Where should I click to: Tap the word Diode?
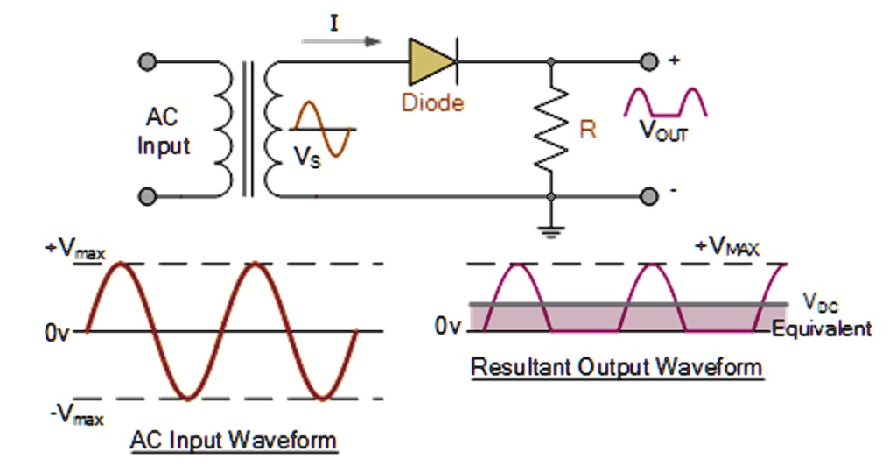[432, 102]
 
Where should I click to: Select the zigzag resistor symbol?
[551, 130]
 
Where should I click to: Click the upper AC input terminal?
[148, 62]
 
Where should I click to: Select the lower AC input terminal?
[148, 197]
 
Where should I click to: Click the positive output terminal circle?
[648, 62]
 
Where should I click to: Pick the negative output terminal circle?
[648, 197]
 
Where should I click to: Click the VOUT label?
[663, 131]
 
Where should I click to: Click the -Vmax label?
[76, 414]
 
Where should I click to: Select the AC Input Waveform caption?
[233, 440]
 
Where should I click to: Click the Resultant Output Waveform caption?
[617, 366]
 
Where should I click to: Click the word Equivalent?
[822, 329]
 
